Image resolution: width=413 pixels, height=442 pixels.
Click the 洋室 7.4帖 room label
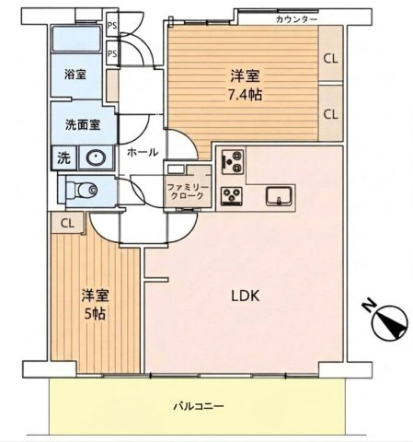tap(247, 86)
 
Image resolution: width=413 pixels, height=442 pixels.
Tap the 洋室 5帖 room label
tap(95, 305)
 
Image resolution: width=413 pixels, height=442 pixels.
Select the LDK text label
tap(246, 297)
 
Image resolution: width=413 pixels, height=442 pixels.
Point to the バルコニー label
tap(199, 407)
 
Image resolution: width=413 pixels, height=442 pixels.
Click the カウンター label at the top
tap(296, 19)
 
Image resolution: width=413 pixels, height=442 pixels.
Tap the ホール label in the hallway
tap(143, 152)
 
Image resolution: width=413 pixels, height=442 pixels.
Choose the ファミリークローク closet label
tap(188, 192)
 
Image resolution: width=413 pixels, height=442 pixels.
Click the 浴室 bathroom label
tap(75, 75)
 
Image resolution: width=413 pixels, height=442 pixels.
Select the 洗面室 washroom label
tap(83, 125)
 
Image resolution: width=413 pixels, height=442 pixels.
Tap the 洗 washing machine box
tap(63, 158)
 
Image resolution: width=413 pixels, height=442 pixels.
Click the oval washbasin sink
tap(97, 157)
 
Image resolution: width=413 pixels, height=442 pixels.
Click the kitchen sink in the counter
tap(279, 196)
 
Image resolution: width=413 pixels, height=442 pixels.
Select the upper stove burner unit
tap(233, 161)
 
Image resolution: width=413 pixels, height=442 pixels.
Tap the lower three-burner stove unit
tap(232, 196)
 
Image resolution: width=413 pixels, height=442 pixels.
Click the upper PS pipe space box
tap(112, 26)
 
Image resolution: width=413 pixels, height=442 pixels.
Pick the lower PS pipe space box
tap(112, 53)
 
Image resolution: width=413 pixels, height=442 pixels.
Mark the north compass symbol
tap(387, 320)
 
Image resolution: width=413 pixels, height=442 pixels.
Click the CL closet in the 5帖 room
tap(67, 223)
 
